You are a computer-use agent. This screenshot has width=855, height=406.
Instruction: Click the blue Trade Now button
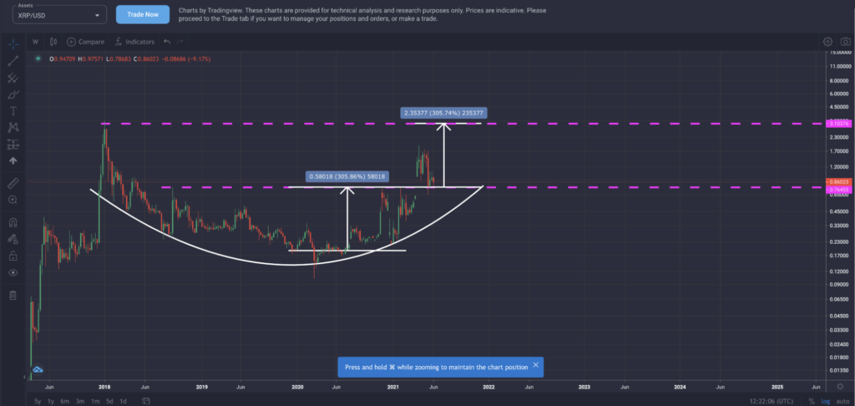(x=143, y=15)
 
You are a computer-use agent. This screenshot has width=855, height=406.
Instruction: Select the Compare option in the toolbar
(x=86, y=41)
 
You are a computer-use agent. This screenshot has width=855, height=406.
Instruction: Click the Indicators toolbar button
(x=135, y=41)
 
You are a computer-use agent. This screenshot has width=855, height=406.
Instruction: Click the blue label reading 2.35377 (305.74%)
(x=444, y=112)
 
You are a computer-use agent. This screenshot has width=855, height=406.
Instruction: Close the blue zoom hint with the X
(x=535, y=366)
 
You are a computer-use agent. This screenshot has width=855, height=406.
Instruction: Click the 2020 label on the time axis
(x=297, y=388)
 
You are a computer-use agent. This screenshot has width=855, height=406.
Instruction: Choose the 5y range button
(x=38, y=401)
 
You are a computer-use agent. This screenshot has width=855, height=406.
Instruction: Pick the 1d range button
(x=123, y=401)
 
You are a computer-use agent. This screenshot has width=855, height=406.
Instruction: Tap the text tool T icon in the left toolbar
(x=13, y=110)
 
